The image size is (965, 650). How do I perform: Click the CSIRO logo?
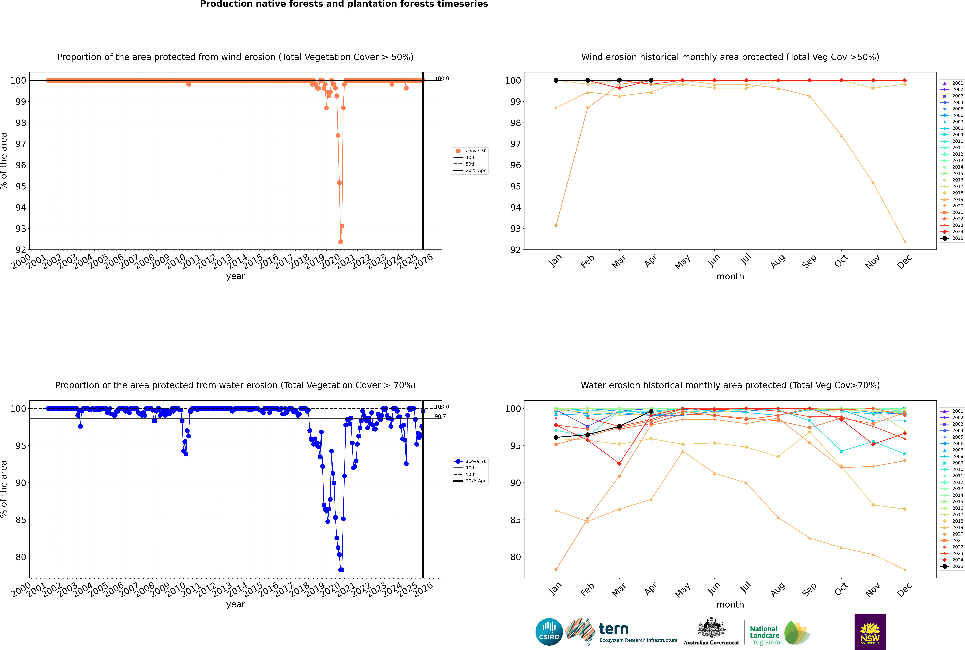tap(549, 632)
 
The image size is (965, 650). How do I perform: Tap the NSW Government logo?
tap(870, 631)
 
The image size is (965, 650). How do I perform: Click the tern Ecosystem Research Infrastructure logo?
tap(621, 632)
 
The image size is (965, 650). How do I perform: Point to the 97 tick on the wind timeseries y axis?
tap(21, 144)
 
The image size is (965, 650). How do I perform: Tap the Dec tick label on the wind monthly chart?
tap(904, 262)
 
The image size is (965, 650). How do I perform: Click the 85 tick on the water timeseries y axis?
tap(21, 520)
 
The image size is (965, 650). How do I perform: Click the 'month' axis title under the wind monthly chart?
tap(730, 277)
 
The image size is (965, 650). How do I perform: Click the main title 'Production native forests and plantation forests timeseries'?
tap(344, 4)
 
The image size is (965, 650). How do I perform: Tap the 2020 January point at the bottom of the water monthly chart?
tap(556, 570)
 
